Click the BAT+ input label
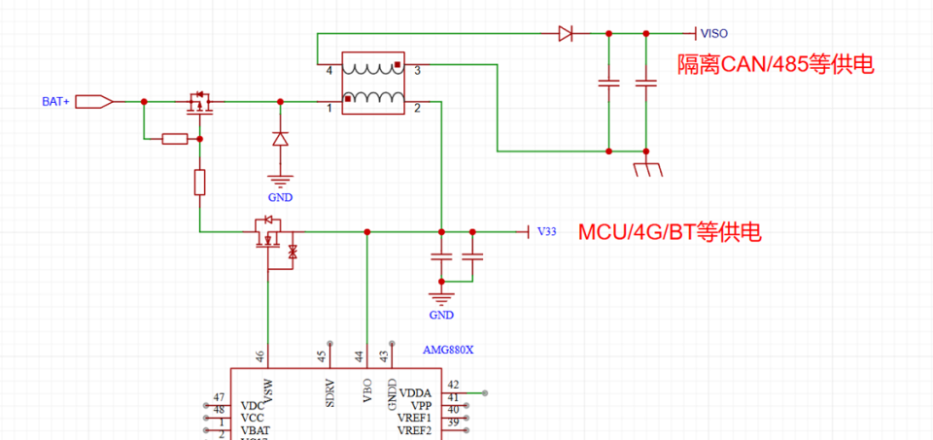[55, 101]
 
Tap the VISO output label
[713, 34]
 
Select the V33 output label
[546, 232]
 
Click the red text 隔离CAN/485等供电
[776, 65]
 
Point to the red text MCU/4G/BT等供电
[670, 233]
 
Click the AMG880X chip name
[447, 350]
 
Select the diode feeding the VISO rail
[565, 34]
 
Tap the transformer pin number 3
[417, 71]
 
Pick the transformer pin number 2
[417, 108]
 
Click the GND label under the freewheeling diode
[281, 197]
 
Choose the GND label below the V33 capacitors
[441, 315]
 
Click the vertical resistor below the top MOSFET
[199, 183]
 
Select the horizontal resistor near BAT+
[175, 139]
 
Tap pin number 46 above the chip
[259, 356]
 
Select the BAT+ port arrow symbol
[94, 101]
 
